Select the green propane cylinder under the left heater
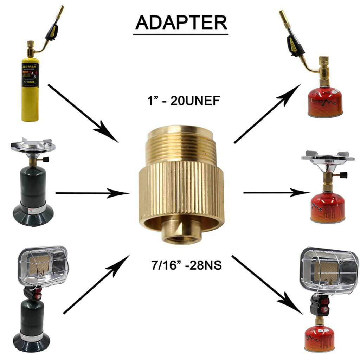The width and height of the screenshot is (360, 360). point(32,320)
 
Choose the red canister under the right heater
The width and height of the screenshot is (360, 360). point(319,338)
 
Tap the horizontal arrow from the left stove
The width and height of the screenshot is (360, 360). point(92,193)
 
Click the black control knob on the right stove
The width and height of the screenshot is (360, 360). point(344,175)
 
